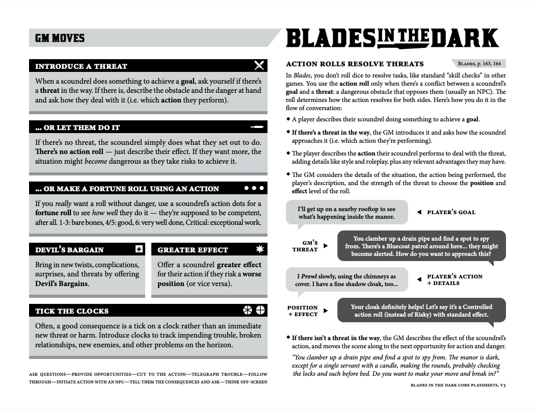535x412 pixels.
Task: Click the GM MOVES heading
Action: (60, 38)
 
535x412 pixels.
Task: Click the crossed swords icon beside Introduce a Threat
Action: (259, 65)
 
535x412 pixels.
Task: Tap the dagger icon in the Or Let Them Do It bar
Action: (257, 126)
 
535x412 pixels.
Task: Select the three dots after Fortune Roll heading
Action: (254, 188)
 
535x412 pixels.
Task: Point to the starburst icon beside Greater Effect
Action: (260, 249)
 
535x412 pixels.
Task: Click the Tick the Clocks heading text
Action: (72, 311)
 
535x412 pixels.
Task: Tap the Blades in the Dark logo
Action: (392, 38)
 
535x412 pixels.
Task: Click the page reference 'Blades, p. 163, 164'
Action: (479, 64)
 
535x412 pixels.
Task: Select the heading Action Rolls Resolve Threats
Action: (355, 64)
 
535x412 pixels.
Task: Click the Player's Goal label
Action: (451, 212)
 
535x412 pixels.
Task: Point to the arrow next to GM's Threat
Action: (326, 246)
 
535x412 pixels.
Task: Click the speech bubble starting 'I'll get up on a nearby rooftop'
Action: (346, 213)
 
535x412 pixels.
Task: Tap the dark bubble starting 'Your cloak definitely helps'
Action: (421, 311)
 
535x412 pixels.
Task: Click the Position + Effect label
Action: (302, 311)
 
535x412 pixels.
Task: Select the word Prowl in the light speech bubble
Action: (310, 276)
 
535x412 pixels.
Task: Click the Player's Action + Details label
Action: (454, 279)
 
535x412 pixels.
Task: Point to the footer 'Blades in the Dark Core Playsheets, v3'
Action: (458, 385)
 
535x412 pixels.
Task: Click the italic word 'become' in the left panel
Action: (95, 161)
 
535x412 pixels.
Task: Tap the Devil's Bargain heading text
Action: (69, 250)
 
